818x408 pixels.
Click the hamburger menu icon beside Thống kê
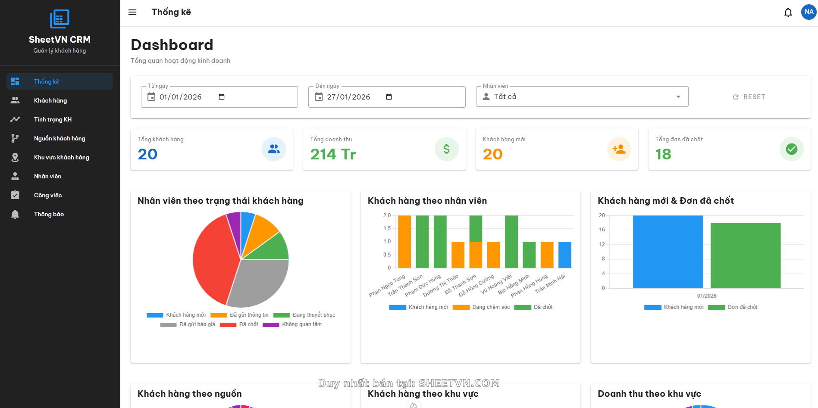pyautogui.click(x=132, y=12)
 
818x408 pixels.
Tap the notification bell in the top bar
pyautogui.click(x=788, y=12)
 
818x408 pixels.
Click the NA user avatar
pyautogui.click(x=809, y=12)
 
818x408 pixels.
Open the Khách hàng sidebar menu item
pyautogui.click(x=50, y=100)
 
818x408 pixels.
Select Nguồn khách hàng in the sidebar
pyautogui.click(x=60, y=138)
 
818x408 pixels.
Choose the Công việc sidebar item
pyautogui.click(x=48, y=195)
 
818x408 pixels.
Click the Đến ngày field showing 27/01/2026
pyautogui.click(x=348, y=97)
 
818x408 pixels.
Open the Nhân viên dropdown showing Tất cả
pyautogui.click(x=582, y=97)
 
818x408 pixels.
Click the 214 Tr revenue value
pyautogui.click(x=333, y=154)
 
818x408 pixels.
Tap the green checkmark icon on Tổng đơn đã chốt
pyautogui.click(x=791, y=149)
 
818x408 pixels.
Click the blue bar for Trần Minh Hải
pyautogui.click(x=564, y=255)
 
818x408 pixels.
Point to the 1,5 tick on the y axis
pyautogui.click(x=387, y=228)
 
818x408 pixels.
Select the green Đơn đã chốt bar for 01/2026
pyautogui.click(x=745, y=255)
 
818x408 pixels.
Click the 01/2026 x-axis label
pyautogui.click(x=706, y=296)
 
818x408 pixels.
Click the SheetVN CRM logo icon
pyautogui.click(x=60, y=19)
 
